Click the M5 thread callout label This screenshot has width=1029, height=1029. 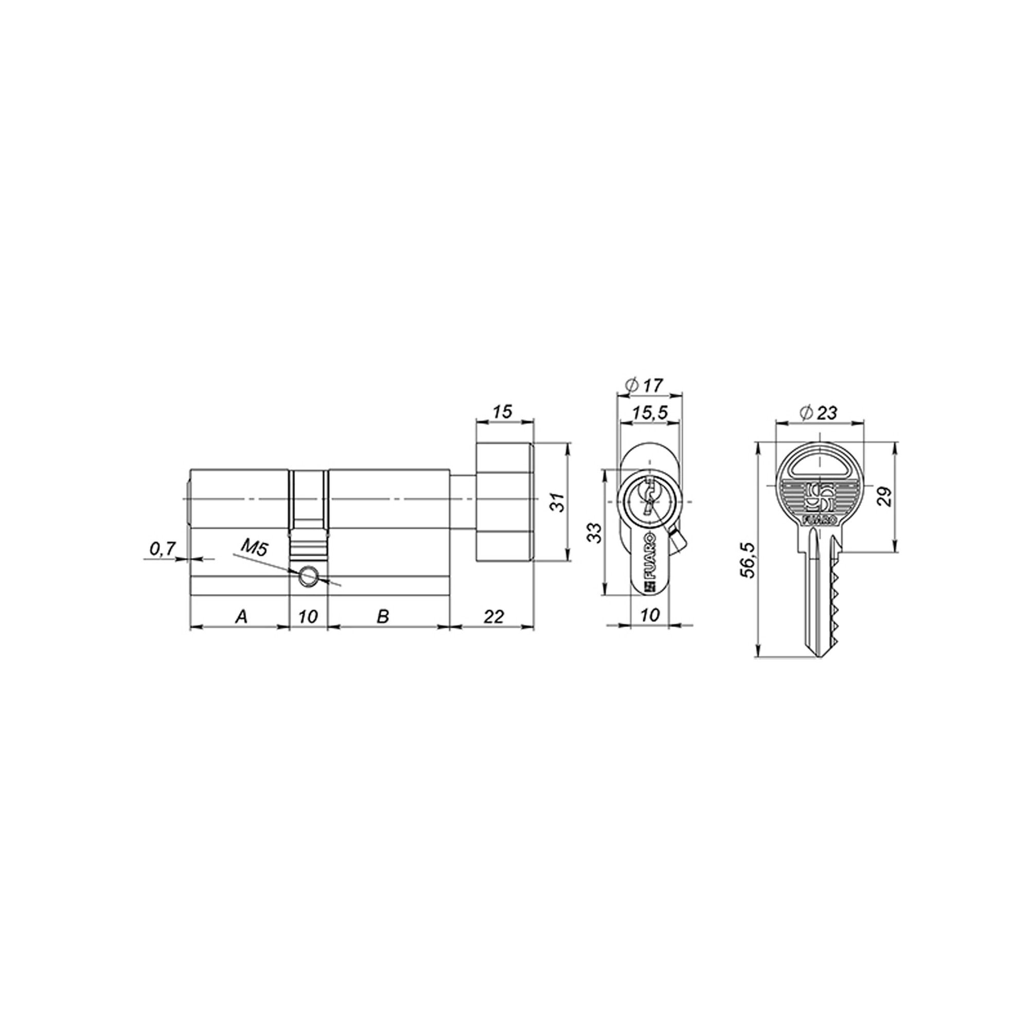[x=254, y=547]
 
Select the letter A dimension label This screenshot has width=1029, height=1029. [x=241, y=617]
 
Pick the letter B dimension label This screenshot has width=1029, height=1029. [x=382, y=617]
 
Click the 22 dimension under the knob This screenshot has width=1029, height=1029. [x=493, y=617]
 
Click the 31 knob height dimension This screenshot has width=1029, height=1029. [x=557, y=502]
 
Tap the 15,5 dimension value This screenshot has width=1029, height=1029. [x=650, y=413]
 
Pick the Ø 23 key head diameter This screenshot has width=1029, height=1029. [x=819, y=413]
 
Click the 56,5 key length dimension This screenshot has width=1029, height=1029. [x=748, y=560]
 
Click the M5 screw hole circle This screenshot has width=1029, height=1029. [x=308, y=576]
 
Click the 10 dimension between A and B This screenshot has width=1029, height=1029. [x=308, y=617]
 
